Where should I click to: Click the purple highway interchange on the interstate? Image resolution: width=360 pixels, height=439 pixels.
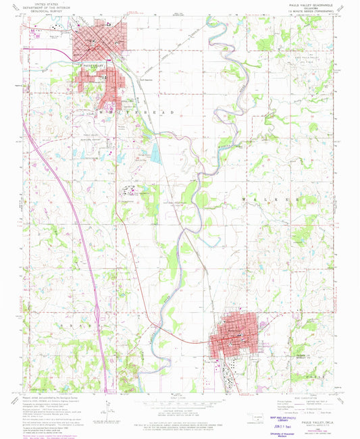tap(99, 311)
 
